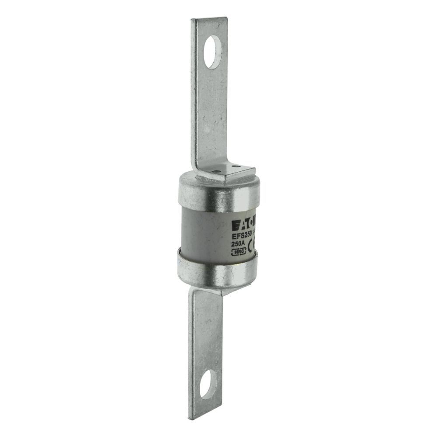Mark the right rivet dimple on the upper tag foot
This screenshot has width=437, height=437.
[235, 166]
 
